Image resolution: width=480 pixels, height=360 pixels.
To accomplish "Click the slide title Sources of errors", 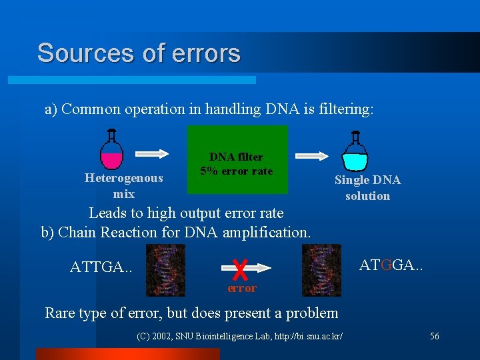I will pyautogui.click(x=139, y=53).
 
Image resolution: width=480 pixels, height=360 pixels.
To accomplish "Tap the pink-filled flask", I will pyautogui.click(x=111, y=151).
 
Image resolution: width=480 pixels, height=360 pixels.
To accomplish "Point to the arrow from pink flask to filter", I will pyautogui.click(x=153, y=153).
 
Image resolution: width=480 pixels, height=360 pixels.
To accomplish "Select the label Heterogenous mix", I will pyautogui.click(x=123, y=186).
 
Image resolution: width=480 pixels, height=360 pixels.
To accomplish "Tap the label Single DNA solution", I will pyautogui.click(x=367, y=188).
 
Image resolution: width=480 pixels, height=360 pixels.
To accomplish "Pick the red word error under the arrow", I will pyautogui.click(x=241, y=289).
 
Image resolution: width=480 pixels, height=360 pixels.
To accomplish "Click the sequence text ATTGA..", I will pyautogui.click(x=101, y=267).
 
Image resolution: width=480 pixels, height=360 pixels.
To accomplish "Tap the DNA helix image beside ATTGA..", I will pyautogui.click(x=165, y=269).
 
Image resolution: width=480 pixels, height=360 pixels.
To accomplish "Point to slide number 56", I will pyautogui.click(x=434, y=336).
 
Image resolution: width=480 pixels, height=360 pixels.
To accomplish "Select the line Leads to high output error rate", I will pyautogui.click(x=186, y=213).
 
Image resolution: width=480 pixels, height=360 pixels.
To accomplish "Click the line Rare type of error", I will pyautogui.click(x=191, y=313).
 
